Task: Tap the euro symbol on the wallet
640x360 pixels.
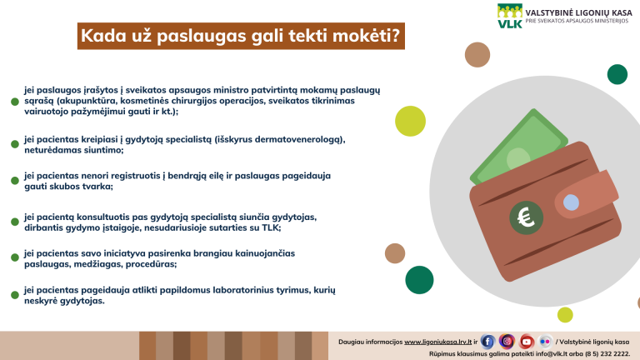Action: [x=526, y=217]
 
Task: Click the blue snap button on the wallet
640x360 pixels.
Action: [x=571, y=202]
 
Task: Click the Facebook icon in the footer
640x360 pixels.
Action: [x=487, y=342]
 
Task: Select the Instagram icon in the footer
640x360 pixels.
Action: [x=507, y=342]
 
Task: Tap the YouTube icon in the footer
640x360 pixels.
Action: [x=526, y=342]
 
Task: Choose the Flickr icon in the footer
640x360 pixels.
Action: [x=545, y=342]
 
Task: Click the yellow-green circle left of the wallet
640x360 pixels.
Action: [x=410, y=121]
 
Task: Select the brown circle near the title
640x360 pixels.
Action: [x=477, y=54]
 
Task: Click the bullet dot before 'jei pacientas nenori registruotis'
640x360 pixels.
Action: [x=15, y=181]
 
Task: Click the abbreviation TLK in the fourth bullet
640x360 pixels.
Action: [x=271, y=227]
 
